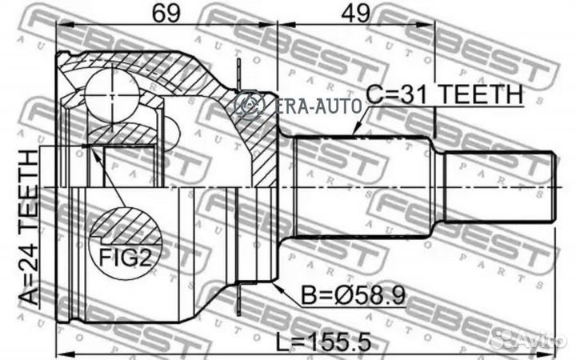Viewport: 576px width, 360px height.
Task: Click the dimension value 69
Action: coord(166,13)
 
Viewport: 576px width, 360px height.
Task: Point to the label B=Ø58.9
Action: coord(354,296)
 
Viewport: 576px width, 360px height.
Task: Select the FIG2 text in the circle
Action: coord(126,258)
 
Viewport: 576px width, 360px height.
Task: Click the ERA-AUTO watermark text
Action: coord(318,106)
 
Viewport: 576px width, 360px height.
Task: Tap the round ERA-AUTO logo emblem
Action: coord(250,104)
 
